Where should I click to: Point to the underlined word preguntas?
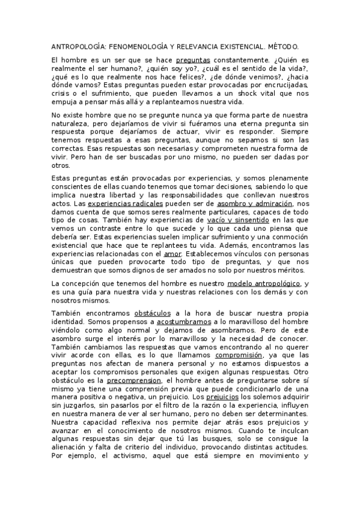(192, 60)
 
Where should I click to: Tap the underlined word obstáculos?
(152, 313)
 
